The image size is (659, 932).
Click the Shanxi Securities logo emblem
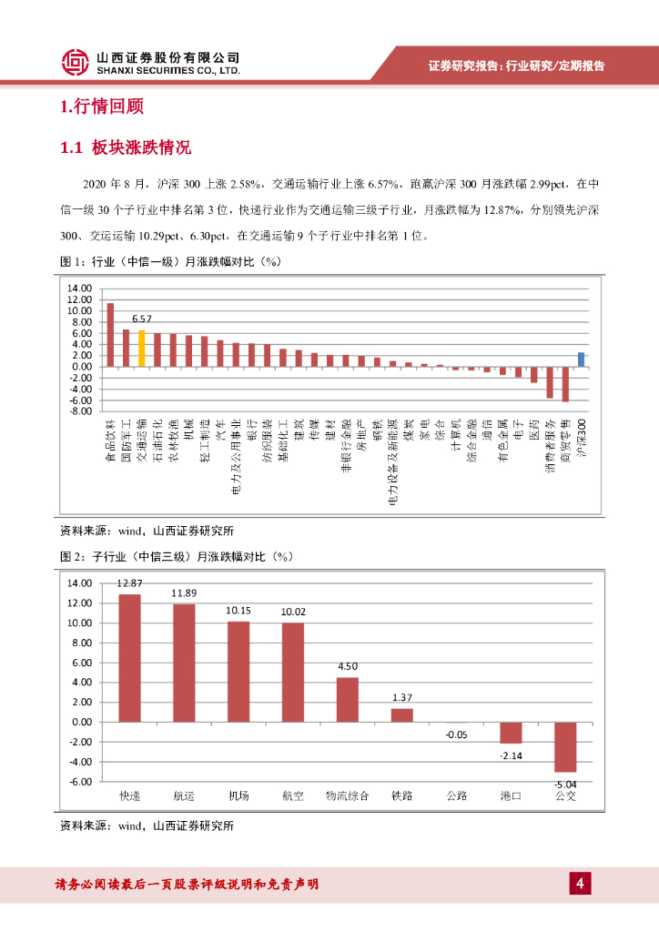click(x=76, y=62)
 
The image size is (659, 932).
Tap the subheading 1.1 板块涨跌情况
click(x=125, y=147)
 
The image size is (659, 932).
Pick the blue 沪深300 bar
click(x=581, y=360)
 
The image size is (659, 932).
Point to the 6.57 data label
click(x=141, y=319)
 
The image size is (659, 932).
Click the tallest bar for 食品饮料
click(x=110, y=335)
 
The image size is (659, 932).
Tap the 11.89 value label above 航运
click(x=184, y=593)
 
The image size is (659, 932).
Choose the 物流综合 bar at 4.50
click(x=348, y=699)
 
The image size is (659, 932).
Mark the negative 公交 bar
click(x=565, y=746)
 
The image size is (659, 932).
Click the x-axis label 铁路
click(x=401, y=795)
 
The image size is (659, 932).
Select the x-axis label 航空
click(x=293, y=795)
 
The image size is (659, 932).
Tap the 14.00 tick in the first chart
click(x=81, y=289)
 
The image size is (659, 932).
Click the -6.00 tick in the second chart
click(x=81, y=782)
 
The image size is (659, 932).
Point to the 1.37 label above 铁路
click(x=402, y=697)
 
